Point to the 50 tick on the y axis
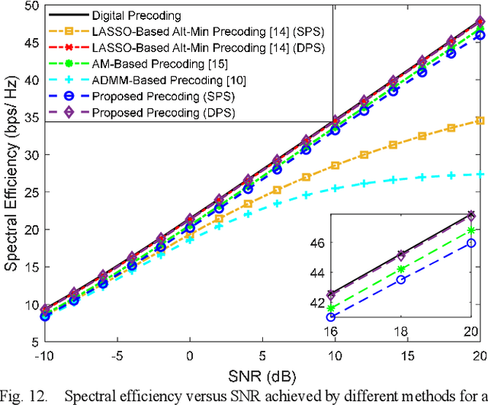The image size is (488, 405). (x=31, y=6)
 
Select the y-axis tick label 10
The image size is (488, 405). (x=31, y=304)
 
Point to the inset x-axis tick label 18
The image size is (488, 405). (x=400, y=332)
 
